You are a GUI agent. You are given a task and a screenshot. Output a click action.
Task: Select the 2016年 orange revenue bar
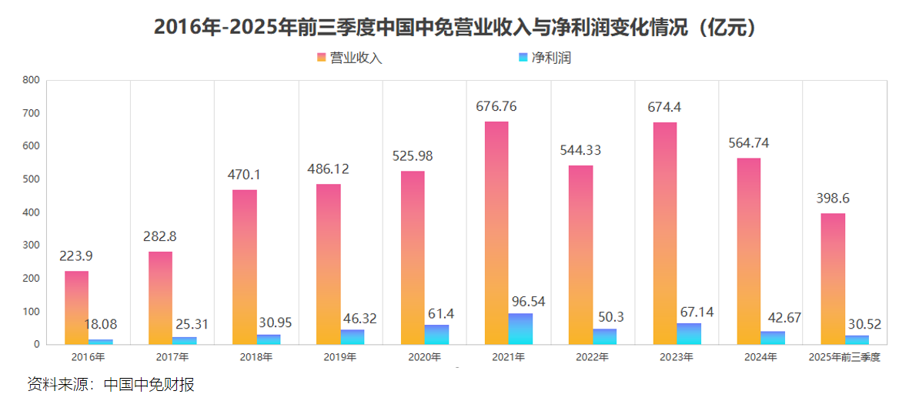pos(76,308)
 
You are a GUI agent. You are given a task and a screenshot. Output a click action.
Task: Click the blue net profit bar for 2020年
pos(436,335)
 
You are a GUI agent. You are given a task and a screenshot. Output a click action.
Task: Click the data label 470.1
pos(246,175)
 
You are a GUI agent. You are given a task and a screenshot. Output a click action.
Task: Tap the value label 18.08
pos(100,325)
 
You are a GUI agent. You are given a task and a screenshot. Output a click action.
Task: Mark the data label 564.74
pos(749,143)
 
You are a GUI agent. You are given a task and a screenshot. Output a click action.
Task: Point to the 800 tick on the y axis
pos(31,80)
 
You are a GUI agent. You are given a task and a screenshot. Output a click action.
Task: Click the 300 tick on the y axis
pos(31,246)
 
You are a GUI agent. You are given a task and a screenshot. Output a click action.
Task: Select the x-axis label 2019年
pos(340,357)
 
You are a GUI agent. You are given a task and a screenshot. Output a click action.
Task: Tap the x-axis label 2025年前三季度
pos(844,357)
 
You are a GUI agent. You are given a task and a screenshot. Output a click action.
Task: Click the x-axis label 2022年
pos(593,357)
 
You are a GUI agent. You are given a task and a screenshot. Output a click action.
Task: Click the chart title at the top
pos(459,26)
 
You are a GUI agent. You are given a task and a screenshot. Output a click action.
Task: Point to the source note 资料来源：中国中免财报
pos(110,384)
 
